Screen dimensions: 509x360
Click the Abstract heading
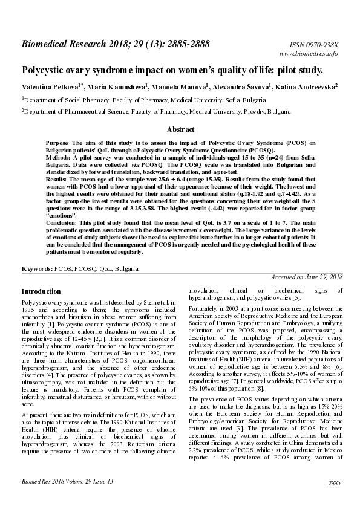(180, 129)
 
